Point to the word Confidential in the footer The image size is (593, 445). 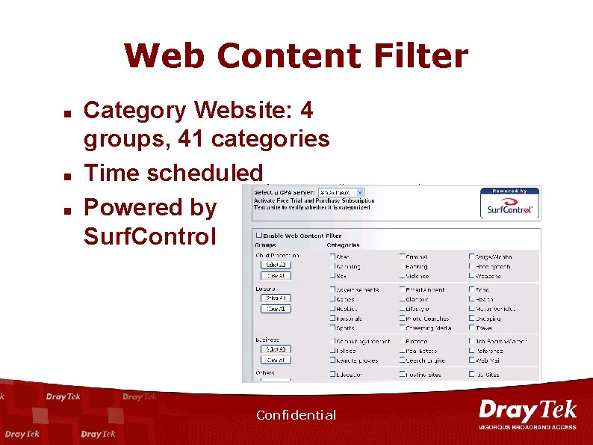[x=296, y=415]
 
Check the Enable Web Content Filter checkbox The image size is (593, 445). [x=259, y=236]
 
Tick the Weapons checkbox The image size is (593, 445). [x=472, y=276]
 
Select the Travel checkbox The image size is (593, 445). [x=472, y=328]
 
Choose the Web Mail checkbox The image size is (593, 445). [x=472, y=360]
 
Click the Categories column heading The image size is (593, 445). [x=343, y=245]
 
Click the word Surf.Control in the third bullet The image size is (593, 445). [x=149, y=236]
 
